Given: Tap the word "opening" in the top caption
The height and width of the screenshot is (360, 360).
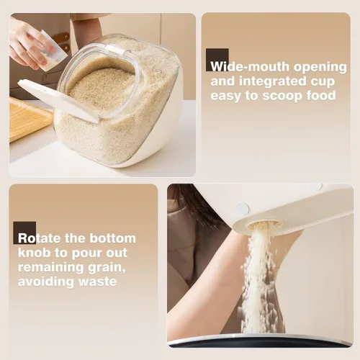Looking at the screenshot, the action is coord(320,68).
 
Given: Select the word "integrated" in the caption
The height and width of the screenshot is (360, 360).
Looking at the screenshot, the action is coord(274,82).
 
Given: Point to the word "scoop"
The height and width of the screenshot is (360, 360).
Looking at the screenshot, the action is coord(282,96).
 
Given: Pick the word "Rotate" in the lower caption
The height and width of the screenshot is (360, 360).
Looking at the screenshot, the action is coord(40,238).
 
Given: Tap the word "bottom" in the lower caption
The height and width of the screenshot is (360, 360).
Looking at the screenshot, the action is coord(112,238).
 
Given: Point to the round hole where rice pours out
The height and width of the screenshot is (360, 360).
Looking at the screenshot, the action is coord(264,225).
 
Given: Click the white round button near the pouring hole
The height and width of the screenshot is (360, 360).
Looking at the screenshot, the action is coord(242,208).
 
